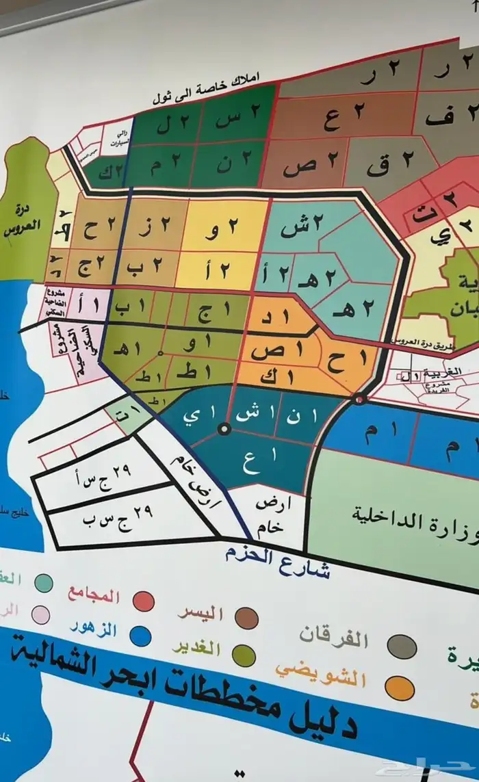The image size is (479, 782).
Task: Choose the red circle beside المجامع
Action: pyautogui.click(x=144, y=601)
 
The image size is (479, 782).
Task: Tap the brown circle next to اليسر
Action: pyautogui.click(x=246, y=618)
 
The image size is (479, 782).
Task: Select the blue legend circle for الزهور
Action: pyautogui.click(x=140, y=636)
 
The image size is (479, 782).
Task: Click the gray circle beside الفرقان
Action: pyautogui.click(x=402, y=647)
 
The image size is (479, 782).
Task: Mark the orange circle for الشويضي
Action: pyautogui.click(x=399, y=688)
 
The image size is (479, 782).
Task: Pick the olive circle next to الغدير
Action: pyautogui.click(x=244, y=655)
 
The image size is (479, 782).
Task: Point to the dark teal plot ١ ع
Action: pyautogui.click(x=252, y=465)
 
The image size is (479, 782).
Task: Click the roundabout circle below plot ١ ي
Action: pyautogui.click(x=223, y=430)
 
